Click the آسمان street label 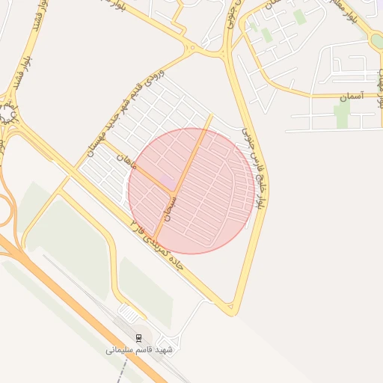click(349, 98)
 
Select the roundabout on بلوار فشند click(8, 113)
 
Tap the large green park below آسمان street click(342, 114)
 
